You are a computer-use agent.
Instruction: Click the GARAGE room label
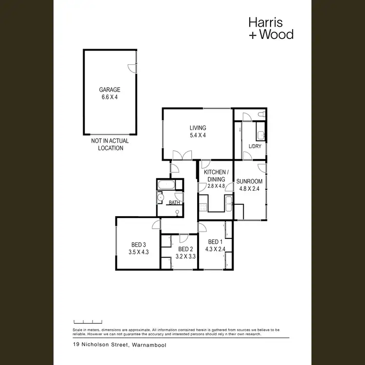tap(109, 90)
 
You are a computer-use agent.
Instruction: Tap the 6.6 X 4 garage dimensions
tap(109, 97)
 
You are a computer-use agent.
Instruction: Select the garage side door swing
tap(132, 68)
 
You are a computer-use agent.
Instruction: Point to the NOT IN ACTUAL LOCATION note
tap(110, 145)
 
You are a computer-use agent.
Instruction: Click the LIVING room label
tap(198, 128)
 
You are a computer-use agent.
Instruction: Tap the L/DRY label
tap(255, 146)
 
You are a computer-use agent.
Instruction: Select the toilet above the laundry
tap(262, 115)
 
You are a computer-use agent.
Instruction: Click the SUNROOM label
tap(250, 182)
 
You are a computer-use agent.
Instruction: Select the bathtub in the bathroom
tap(166, 185)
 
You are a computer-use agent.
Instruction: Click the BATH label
tap(174, 202)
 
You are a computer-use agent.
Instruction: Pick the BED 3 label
tap(138, 245)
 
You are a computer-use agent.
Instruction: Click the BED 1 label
tap(215, 242)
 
